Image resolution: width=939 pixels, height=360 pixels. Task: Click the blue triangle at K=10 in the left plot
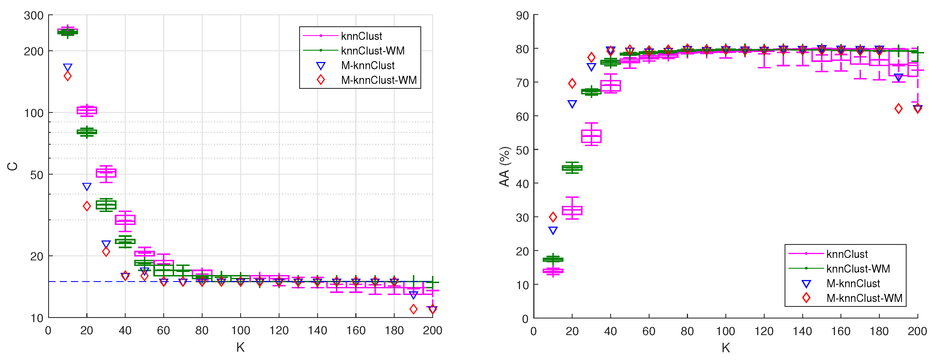[68, 68]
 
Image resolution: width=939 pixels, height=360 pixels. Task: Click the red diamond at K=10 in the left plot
[68, 76]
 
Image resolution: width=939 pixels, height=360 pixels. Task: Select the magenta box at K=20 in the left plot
[87, 110]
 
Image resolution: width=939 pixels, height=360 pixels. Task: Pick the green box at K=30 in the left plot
[106, 205]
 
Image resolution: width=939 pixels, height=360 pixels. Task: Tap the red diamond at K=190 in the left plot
[413, 309]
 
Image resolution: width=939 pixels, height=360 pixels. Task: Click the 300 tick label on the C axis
[33, 16]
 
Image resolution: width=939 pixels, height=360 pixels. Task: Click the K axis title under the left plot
[240, 347]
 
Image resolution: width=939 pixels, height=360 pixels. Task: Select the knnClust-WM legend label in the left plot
[373, 51]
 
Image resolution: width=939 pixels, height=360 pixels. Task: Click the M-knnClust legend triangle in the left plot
[321, 66]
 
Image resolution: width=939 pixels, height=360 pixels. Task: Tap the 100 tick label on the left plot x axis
[240, 330]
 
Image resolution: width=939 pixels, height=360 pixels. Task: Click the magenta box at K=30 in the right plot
[591, 136]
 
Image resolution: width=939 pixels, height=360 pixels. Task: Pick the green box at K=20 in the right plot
[572, 168]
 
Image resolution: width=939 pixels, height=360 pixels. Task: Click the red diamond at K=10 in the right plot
[553, 217]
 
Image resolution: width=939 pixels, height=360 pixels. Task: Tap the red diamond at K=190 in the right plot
[899, 108]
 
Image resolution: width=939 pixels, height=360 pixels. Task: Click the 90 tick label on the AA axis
[522, 16]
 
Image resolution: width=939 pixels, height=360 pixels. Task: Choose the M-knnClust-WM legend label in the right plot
[864, 298]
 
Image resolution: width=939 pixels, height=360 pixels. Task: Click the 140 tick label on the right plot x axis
[802, 331]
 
